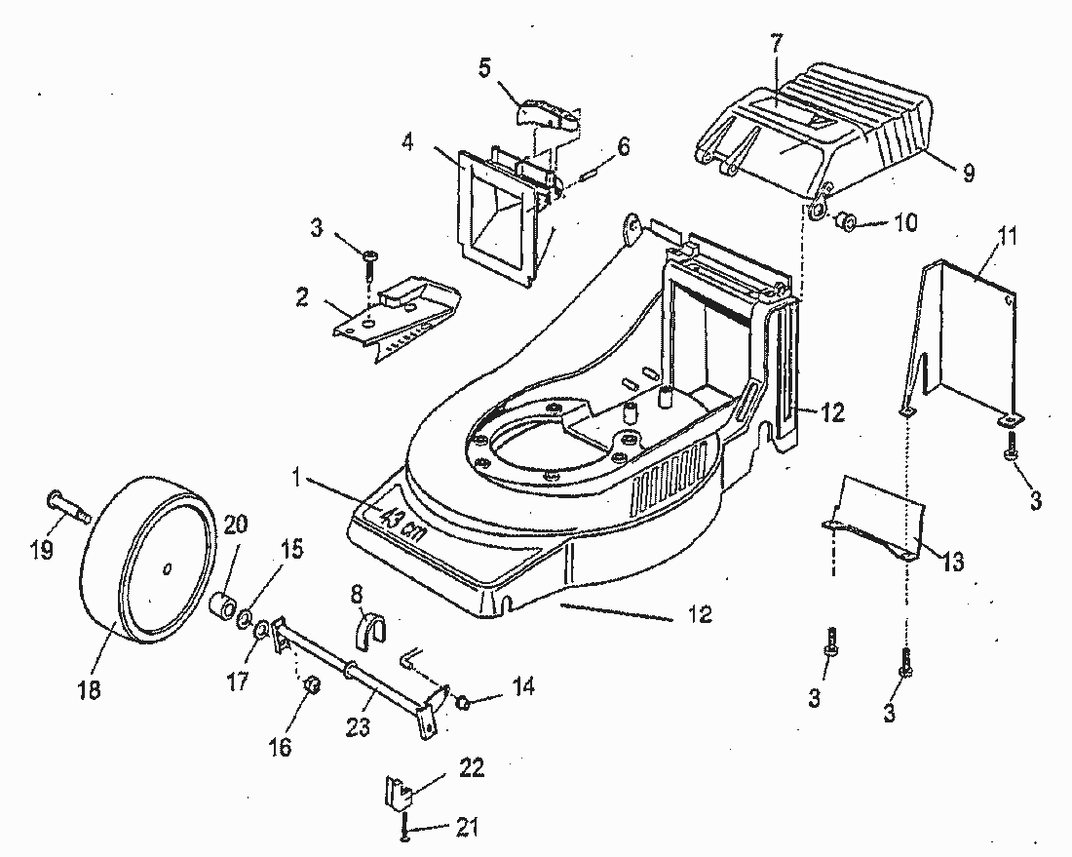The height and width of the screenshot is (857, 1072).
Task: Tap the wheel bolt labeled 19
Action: (x=67, y=505)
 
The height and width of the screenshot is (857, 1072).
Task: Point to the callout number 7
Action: (x=775, y=44)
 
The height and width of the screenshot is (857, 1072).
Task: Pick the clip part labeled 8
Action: (x=368, y=629)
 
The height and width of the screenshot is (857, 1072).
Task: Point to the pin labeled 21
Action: (x=404, y=828)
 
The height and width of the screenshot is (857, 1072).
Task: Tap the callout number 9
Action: (x=968, y=174)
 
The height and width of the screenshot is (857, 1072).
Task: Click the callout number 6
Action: (x=623, y=146)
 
